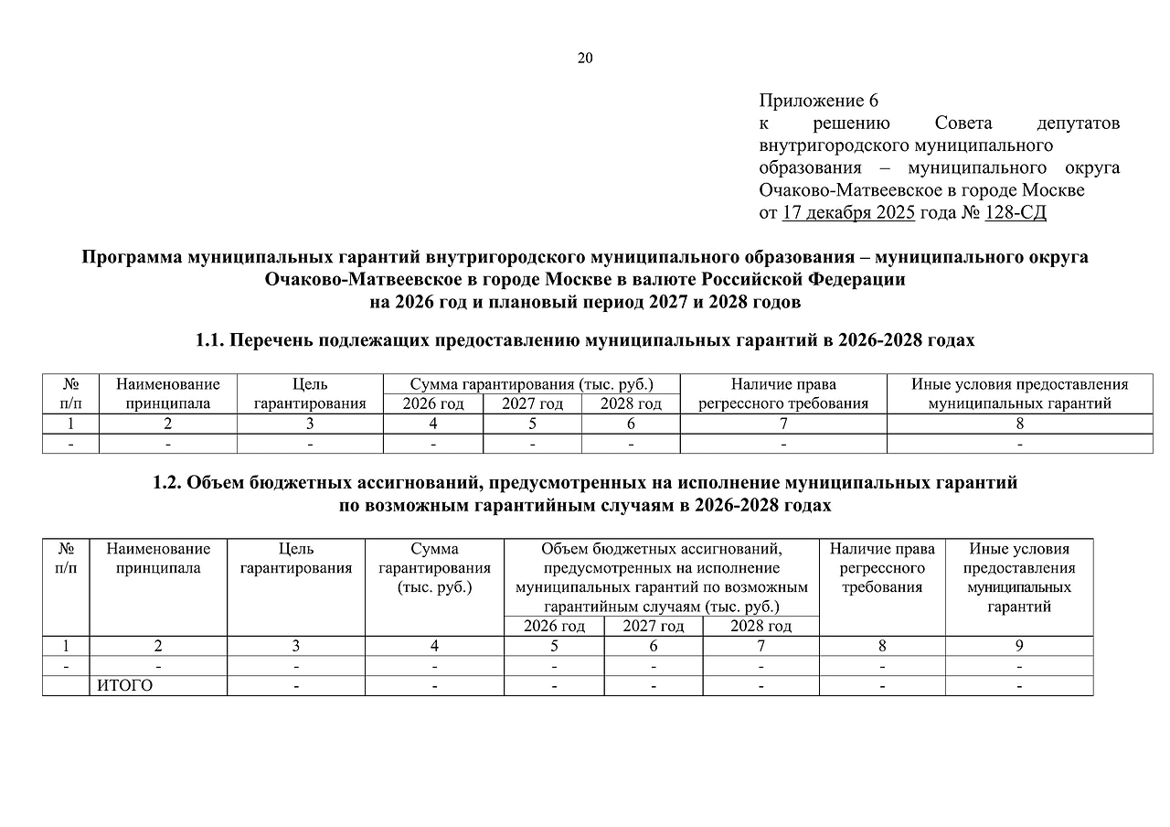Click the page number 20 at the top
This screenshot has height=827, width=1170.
[x=585, y=59]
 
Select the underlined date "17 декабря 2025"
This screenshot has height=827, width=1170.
[x=848, y=213]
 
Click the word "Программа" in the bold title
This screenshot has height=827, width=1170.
[x=132, y=257]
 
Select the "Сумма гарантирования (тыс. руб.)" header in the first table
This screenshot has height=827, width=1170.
[x=532, y=385]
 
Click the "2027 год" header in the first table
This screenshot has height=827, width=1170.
[x=532, y=403]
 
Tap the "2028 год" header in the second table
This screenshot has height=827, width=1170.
[x=760, y=627]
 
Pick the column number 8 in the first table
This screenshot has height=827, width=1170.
[x=1019, y=424]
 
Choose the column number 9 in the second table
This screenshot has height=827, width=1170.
[x=1019, y=646]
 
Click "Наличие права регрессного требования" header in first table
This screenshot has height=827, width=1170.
[x=783, y=394]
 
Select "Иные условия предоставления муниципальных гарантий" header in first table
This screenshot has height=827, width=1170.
[x=1019, y=394]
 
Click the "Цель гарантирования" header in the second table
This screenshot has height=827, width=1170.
[x=296, y=558]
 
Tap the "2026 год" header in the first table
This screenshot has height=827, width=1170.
[x=433, y=403]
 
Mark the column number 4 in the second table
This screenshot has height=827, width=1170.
[x=434, y=646]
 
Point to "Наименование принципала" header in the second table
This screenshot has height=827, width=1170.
[x=158, y=558]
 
